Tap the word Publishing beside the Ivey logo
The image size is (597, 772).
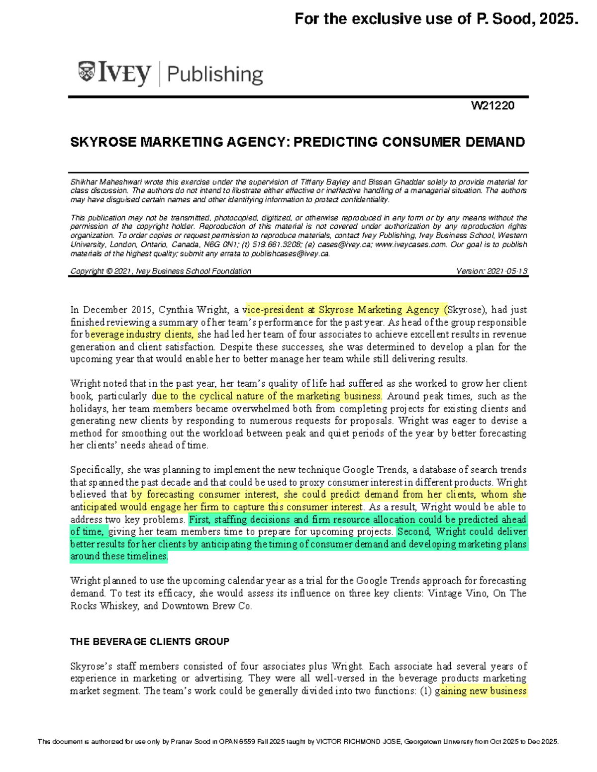pyautogui.click(x=215, y=75)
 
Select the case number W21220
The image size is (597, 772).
pyautogui.click(x=493, y=105)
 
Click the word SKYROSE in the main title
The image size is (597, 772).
pyautogui.click(x=103, y=142)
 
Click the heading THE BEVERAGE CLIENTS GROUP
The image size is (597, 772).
pyautogui.click(x=150, y=642)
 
